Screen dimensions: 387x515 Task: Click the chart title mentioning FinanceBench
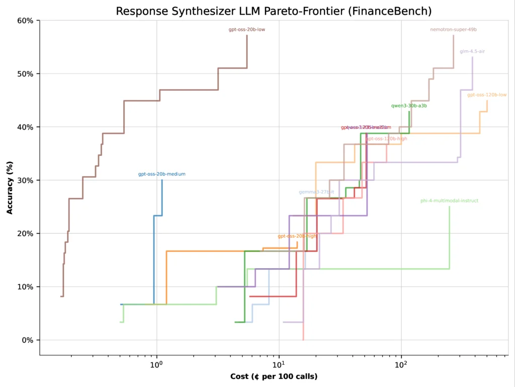(274, 11)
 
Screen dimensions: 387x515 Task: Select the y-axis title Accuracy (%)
(10, 187)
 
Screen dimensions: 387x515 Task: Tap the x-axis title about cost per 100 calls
(274, 376)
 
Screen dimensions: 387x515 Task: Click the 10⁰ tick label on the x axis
(156, 364)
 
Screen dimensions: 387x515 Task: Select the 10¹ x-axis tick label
(279, 364)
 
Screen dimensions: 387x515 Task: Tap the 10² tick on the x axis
(401, 364)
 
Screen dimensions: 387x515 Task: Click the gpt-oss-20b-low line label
(247, 30)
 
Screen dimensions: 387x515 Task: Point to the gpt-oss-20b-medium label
(162, 174)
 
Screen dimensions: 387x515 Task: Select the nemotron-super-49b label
(453, 30)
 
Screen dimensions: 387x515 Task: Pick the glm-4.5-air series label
(472, 51)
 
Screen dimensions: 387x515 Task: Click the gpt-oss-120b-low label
(487, 95)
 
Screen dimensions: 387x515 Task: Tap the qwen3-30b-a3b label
(409, 106)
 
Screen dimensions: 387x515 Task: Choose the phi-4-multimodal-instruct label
(449, 201)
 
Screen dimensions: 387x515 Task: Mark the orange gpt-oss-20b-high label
(298, 236)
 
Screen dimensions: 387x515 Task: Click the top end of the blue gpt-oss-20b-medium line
(162, 180)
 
